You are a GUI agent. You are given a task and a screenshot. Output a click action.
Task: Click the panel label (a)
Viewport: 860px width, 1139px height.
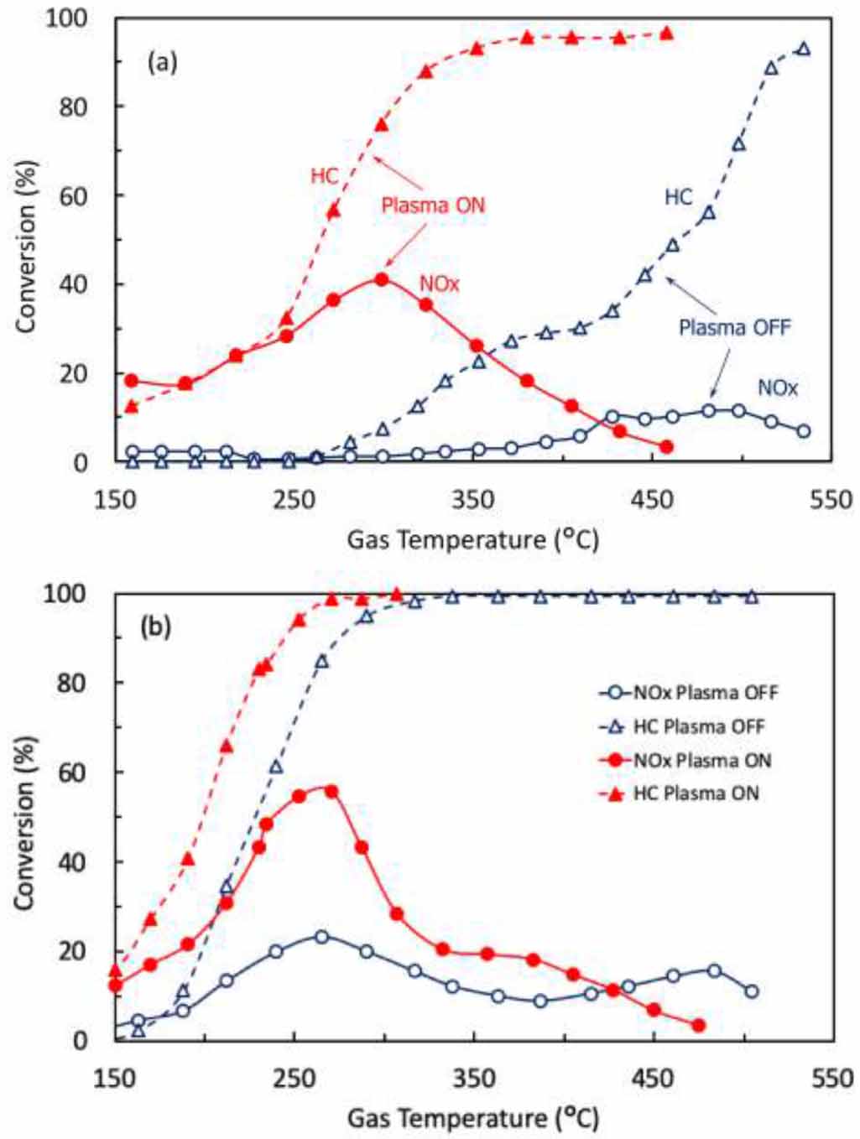point(162,62)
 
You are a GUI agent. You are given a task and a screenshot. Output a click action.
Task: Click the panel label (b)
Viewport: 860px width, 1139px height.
point(157,627)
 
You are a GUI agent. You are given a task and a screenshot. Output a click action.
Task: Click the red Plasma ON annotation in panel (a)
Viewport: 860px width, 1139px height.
point(433,205)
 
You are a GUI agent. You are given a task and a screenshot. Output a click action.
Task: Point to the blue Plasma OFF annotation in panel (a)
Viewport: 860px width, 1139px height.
point(734,327)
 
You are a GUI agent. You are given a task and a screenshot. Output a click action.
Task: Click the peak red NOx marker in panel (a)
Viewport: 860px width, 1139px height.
point(382,279)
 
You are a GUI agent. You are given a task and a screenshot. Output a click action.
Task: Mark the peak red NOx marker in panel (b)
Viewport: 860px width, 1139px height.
point(331,791)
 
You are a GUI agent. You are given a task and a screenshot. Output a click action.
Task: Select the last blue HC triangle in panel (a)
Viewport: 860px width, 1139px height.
point(804,49)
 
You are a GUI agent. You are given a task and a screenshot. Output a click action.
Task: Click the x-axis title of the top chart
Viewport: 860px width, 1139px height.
point(473,539)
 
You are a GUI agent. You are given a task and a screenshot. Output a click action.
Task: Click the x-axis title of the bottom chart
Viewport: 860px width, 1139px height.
point(473,1117)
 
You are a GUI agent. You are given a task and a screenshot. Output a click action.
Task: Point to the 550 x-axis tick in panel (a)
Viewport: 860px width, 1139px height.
point(831,500)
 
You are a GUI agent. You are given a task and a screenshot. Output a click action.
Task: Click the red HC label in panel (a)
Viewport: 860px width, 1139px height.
point(324,176)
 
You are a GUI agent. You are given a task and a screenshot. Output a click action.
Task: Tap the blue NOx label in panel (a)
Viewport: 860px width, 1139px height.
point(777,387)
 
